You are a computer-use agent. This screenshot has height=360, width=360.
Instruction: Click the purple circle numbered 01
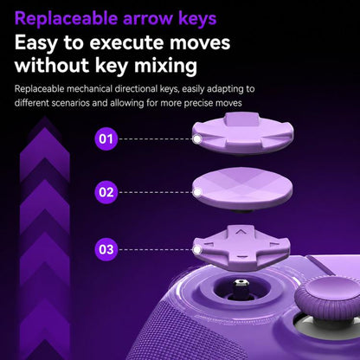(106, 139)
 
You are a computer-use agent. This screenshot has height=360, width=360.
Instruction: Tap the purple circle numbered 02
(106, 192)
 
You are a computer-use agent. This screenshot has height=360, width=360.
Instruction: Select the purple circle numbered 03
(106, 249)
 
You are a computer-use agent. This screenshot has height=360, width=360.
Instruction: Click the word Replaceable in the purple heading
(66, 19)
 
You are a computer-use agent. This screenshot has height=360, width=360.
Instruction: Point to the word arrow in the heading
(148, 20)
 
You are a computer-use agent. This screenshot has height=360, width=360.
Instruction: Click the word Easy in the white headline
(35, 43)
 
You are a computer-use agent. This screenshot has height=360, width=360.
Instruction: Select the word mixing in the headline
(165, 66)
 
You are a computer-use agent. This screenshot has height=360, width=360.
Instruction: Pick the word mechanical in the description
(89, 88)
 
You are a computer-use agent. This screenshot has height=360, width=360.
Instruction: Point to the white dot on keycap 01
(197, 139)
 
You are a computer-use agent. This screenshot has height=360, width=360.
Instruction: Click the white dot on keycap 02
(197, 192)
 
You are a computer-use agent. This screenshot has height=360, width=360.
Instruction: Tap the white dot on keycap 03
(197, 250)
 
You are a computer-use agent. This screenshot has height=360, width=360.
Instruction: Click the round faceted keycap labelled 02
(242, 189)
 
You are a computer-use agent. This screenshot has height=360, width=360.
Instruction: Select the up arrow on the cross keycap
(242, 231)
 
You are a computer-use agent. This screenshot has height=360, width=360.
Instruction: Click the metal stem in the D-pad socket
(241, 289)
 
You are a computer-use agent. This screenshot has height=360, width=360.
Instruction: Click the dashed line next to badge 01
(156, 139)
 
